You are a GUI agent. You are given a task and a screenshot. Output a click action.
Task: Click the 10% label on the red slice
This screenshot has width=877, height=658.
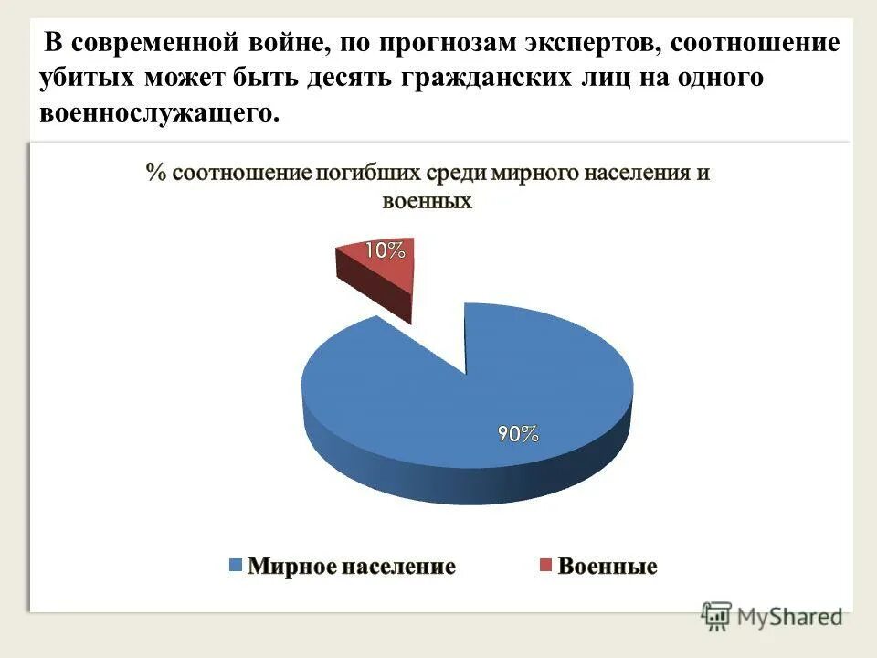[386, 250]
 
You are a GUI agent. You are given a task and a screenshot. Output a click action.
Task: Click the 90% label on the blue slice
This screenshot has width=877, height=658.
[517, 435]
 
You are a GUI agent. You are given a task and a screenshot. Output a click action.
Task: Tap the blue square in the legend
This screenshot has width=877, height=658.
[236, 566]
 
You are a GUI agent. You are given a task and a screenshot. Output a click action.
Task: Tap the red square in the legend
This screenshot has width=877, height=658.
[544, 566]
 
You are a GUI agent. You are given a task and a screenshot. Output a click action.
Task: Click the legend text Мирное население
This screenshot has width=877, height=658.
[352, 567]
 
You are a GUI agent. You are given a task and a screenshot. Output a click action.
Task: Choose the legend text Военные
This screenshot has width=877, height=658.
[608, 567]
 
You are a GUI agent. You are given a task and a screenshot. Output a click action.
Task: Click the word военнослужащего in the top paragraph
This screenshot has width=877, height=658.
[156, 113]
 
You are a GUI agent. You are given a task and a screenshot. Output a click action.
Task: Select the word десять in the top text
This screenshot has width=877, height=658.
[346, 79]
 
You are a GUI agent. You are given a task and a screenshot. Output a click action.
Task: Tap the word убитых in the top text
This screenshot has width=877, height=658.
[87, 79]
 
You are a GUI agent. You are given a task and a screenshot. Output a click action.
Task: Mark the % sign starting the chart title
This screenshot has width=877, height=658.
[155, 174]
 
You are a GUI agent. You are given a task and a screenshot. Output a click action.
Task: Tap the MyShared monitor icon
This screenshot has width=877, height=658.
[717, 616]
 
